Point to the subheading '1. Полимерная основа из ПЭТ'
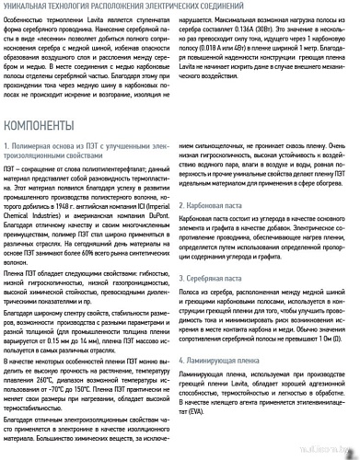87,146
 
